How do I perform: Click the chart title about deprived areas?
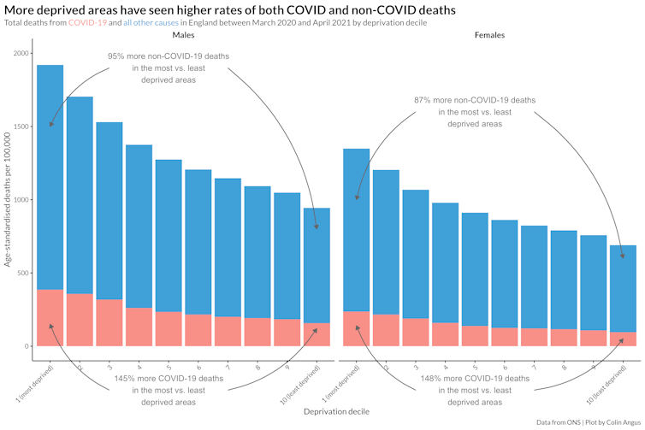click(229, 9)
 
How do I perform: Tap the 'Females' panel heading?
click(489, 36)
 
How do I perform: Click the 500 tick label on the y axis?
click(23, 274)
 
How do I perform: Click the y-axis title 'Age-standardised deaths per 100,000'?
click(8, 200)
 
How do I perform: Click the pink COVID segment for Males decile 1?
click(50, 317)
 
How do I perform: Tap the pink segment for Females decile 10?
click(623, 339)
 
